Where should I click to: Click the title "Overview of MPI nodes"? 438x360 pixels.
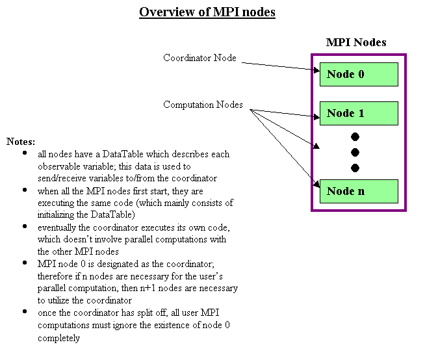coord(207,12)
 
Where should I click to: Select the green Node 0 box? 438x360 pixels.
coord(359,74)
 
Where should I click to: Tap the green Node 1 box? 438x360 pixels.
coord(359,113)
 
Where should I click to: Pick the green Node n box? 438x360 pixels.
coord(359,190)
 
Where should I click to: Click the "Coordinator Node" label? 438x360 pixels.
coord(200,58)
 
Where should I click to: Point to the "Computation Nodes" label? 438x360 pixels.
coord(203,105)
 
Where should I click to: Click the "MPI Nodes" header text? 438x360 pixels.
coord(356,43)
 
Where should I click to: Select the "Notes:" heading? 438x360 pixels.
coord(21,141)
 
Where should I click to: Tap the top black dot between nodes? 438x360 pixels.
coord(355,137)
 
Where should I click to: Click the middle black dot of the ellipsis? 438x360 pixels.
coord(355,153)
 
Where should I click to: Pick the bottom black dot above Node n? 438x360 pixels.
coord(355,168)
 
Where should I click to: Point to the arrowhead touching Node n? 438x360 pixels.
coord(315,186)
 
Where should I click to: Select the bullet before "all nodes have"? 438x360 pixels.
coord(25,154)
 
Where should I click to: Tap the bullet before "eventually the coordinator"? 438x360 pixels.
coord(25,227)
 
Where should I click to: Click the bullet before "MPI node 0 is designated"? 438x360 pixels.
coord(25,263)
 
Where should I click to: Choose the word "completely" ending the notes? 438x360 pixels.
coord(58,338)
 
